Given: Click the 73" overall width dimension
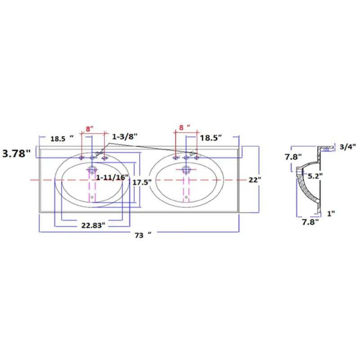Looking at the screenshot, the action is [143, 235].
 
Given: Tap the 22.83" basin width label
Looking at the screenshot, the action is [93, 225].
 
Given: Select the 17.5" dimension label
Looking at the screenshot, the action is [142, 182].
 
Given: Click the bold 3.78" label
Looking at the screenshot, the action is [16, 153].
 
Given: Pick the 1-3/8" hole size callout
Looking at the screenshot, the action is [125, 137].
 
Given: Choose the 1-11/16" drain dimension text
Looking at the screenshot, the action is [112, 177].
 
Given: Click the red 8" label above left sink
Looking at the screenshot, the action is [90, 129].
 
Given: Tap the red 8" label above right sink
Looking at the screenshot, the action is [184, 127].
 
